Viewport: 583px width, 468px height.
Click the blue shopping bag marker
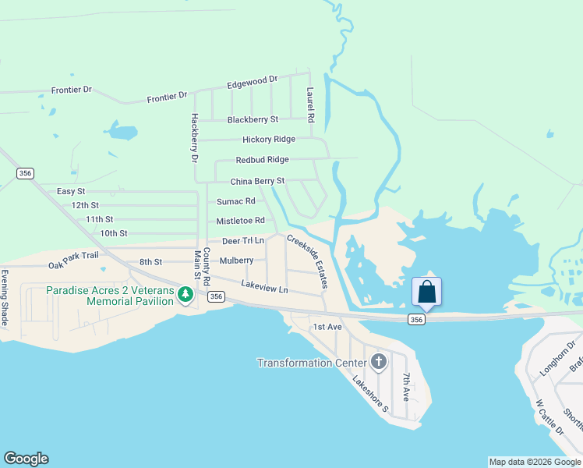tap(426, 292)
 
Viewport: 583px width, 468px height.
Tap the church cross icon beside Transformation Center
tap(379, 361)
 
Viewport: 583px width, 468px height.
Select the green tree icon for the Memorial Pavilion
tap(185, 295)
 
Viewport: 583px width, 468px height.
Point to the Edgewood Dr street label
tap(253, 81)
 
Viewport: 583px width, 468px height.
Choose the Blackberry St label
tap(253, 119)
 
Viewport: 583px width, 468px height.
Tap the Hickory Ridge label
tap(269, 139)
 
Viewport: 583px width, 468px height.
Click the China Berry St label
tap(257, 181)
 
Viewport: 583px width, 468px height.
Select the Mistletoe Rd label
tap(241, 221)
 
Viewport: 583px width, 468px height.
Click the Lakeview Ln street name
tap(264, 287)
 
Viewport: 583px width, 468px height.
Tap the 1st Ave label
tap(327, 327)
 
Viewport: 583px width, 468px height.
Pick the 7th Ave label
tap(406, 387)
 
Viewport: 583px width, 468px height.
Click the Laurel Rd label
tap(310, 105)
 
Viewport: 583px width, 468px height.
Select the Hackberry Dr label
tap(195, 136)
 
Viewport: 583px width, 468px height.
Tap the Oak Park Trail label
tap(73, 260)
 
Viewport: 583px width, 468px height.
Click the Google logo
tap(26, 459)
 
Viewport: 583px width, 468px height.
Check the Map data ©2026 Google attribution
tap(535, 462)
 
